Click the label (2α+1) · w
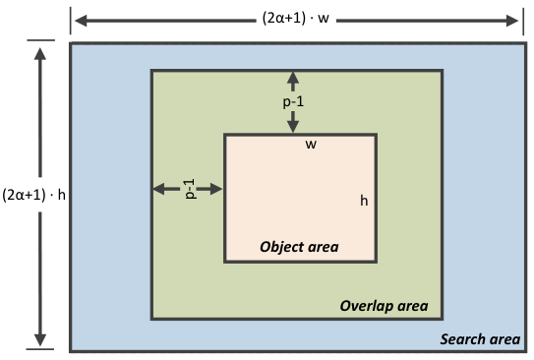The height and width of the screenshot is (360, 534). coord(296,18)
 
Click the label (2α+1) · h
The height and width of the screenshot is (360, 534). coord(33,195)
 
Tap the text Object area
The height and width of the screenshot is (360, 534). coord(299,247)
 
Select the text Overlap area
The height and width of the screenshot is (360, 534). coord(384,306)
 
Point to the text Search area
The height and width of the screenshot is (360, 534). coord(480,339)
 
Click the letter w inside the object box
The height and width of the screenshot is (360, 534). coord(311,145)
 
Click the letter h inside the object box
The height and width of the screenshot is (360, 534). coord(364,201)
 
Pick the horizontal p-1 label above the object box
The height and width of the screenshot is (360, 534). coord(293,102)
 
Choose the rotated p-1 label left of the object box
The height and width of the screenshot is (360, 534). coord(190,189)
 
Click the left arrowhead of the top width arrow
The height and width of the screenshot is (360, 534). coord(81,21)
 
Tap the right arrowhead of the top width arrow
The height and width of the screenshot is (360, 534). coord(512,21)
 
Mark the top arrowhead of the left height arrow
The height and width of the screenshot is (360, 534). coord(40,54)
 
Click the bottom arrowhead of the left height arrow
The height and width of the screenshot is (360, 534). coord(40,340)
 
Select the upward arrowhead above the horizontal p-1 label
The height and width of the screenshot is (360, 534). coord(293,78)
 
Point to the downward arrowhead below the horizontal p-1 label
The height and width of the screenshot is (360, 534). coord(293,126)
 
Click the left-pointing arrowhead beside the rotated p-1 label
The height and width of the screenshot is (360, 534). coord(159,189)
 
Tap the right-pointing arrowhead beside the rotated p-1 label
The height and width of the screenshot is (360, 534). coord(216,189)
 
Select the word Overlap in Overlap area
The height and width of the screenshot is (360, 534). coord(365,306)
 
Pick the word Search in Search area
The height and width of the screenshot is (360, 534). coord(461,339)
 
